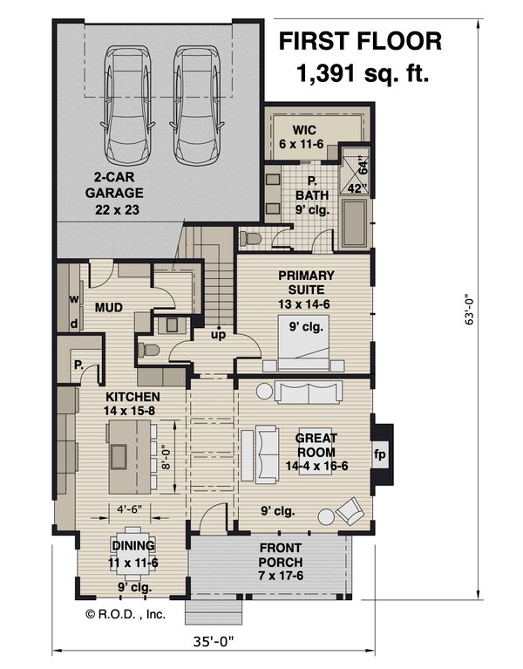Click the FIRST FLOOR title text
click(x=360, y=41)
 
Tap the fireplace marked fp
click(x=380, y=455)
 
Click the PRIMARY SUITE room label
click(x=301, y=289)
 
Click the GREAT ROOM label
click(x=316, y=447)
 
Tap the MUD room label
click(x=107, y=308)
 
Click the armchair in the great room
click(x=350, y=512)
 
